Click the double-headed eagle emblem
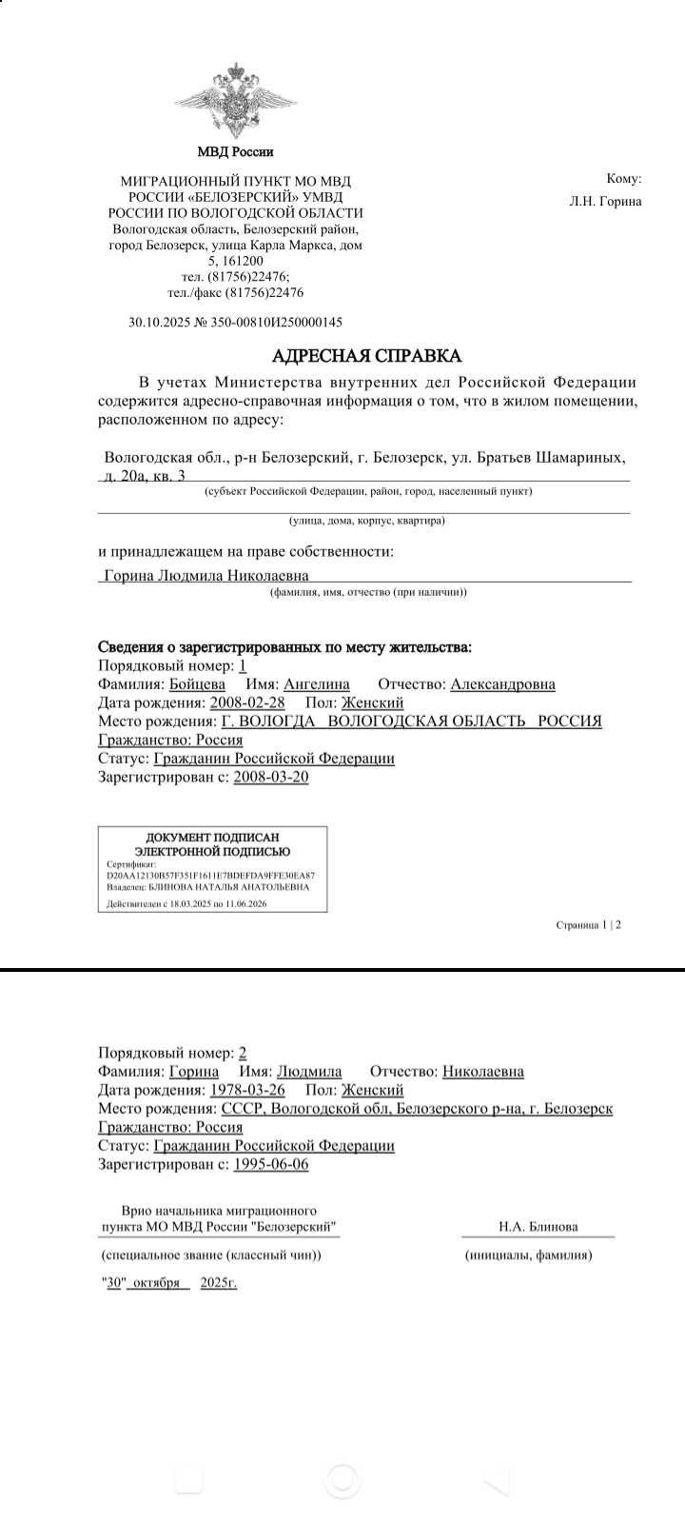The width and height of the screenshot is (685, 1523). (234, 100)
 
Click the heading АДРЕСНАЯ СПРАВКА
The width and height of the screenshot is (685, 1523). (366, 356)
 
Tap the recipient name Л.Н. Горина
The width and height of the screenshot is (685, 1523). (605, 201)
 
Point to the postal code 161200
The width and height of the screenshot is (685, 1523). (243, 261)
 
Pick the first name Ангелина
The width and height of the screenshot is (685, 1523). (317, 684)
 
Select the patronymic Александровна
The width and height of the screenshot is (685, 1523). (502, 684)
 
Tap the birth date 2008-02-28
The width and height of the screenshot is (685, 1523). (247, 702)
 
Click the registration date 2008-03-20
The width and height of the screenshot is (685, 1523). (271, 777)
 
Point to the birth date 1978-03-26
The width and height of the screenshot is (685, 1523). (247, 1090)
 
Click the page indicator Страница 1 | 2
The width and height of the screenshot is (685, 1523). (589, 924)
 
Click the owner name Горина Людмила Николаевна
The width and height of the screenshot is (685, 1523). (205, 576)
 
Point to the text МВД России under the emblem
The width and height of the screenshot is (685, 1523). (234, 151)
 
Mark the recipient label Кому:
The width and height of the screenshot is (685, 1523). (624, 179)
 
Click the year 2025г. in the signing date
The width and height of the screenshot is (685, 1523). (219, 1283)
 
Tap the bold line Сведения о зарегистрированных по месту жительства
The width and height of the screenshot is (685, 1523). (285, 647)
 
